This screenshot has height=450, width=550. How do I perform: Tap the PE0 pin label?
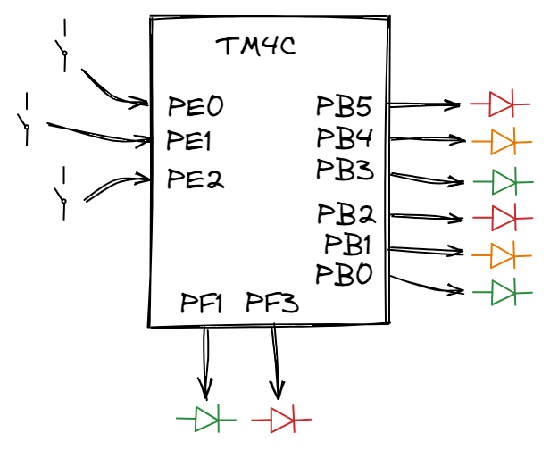pyautogui.click(x=196, y=108)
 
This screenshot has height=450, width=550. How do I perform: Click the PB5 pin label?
pyautogui.click(x=345, y=107)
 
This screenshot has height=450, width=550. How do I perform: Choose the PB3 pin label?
pyautogui.click(x=345, y=170)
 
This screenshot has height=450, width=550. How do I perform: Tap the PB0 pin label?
pyautogui.click(x=344, y=274)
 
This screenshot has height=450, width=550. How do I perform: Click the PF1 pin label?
pyautogui.click(x=201, y=304)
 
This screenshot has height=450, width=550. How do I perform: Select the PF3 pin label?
pyautogui.click(x=272, y=304)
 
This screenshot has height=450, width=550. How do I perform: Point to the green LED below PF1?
pyautogui.click(x=206, y=417)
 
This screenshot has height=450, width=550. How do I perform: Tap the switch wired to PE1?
pyautogui.click(x=27, y=121)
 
